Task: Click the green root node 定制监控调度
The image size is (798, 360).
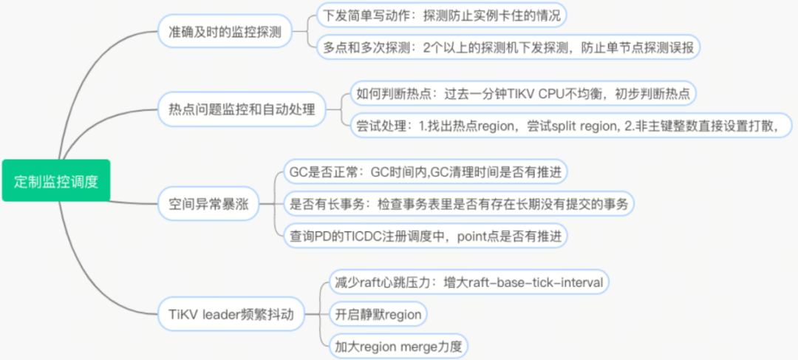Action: click(55, 180)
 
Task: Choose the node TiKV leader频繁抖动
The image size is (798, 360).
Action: click(231, 315)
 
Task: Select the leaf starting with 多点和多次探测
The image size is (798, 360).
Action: click(508, 47)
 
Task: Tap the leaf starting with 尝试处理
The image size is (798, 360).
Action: click(569, 125)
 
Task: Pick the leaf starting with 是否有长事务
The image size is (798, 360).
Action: click(458, 204)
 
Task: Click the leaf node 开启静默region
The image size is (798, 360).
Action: click(378, 314)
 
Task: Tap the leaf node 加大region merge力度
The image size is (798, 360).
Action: click(399, 346)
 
